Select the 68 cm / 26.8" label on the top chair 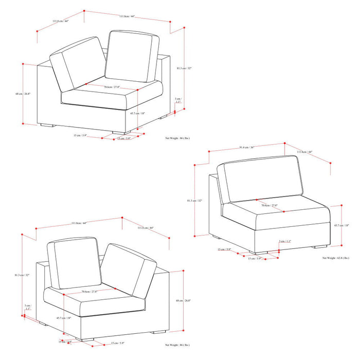(23, 94)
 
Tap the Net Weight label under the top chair (177, 138)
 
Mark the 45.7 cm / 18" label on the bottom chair (63, 318)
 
